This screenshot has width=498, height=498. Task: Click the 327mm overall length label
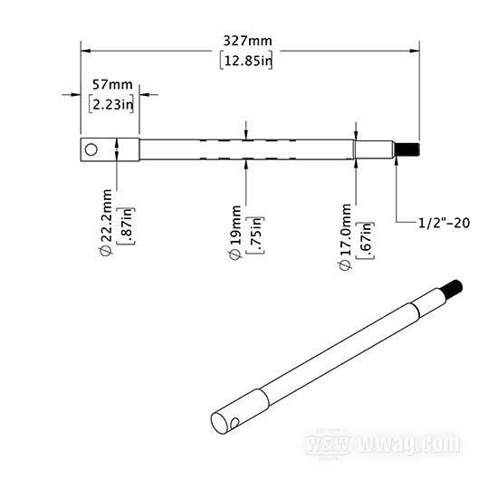(247, 41)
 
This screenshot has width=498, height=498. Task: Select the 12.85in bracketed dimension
(246, 61)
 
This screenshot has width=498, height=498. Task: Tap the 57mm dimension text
(112, 85)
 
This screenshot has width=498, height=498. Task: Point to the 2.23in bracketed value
(111, 104)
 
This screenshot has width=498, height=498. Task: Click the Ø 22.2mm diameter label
(106, 223)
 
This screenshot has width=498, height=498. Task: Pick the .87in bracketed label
(126, 225)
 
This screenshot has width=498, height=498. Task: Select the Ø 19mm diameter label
(235, 233)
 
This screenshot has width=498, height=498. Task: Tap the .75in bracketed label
(255, 235)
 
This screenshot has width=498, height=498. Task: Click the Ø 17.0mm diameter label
(345, 236)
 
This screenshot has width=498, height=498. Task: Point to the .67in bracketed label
(366, 241)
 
